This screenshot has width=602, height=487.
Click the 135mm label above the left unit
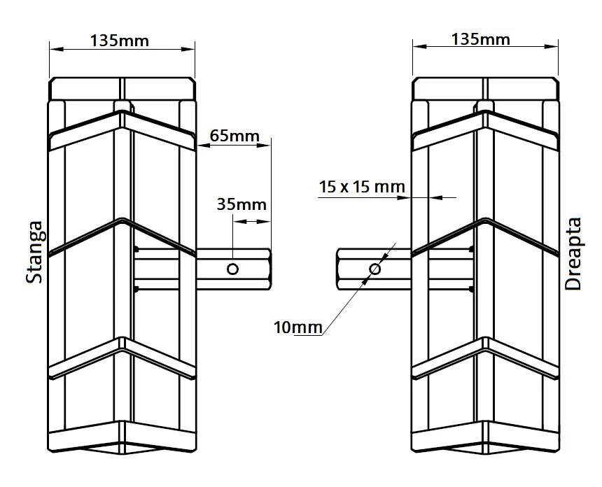coord(120,41)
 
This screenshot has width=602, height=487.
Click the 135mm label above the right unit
coord(481,39)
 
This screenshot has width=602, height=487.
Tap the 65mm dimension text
coord(234,136)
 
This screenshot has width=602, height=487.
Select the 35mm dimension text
coord(241,204)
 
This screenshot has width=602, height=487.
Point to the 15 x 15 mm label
coord(362,187)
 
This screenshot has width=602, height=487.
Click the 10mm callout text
coord(298,327)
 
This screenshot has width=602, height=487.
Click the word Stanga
coord(34,252)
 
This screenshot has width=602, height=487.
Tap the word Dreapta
coord(573,254)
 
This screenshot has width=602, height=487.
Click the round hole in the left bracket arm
coord(232,269)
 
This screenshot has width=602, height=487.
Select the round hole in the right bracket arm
coord(374,269)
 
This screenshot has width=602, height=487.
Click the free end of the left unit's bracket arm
coord(270,269)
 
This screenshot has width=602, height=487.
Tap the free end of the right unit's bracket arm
coord(338,269)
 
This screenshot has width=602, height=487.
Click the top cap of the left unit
coord(122,89)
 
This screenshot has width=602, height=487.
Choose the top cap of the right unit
coord(485,89)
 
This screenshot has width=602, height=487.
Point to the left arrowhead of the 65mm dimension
coord(202,146)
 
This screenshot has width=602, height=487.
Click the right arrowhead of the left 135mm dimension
coord(188,49)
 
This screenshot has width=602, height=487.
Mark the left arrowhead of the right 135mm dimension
coord(419,47)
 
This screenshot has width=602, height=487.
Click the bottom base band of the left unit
coord(122,438)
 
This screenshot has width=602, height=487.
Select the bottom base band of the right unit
coord(485,438)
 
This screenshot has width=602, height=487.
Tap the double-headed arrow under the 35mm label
coord(252,221)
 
